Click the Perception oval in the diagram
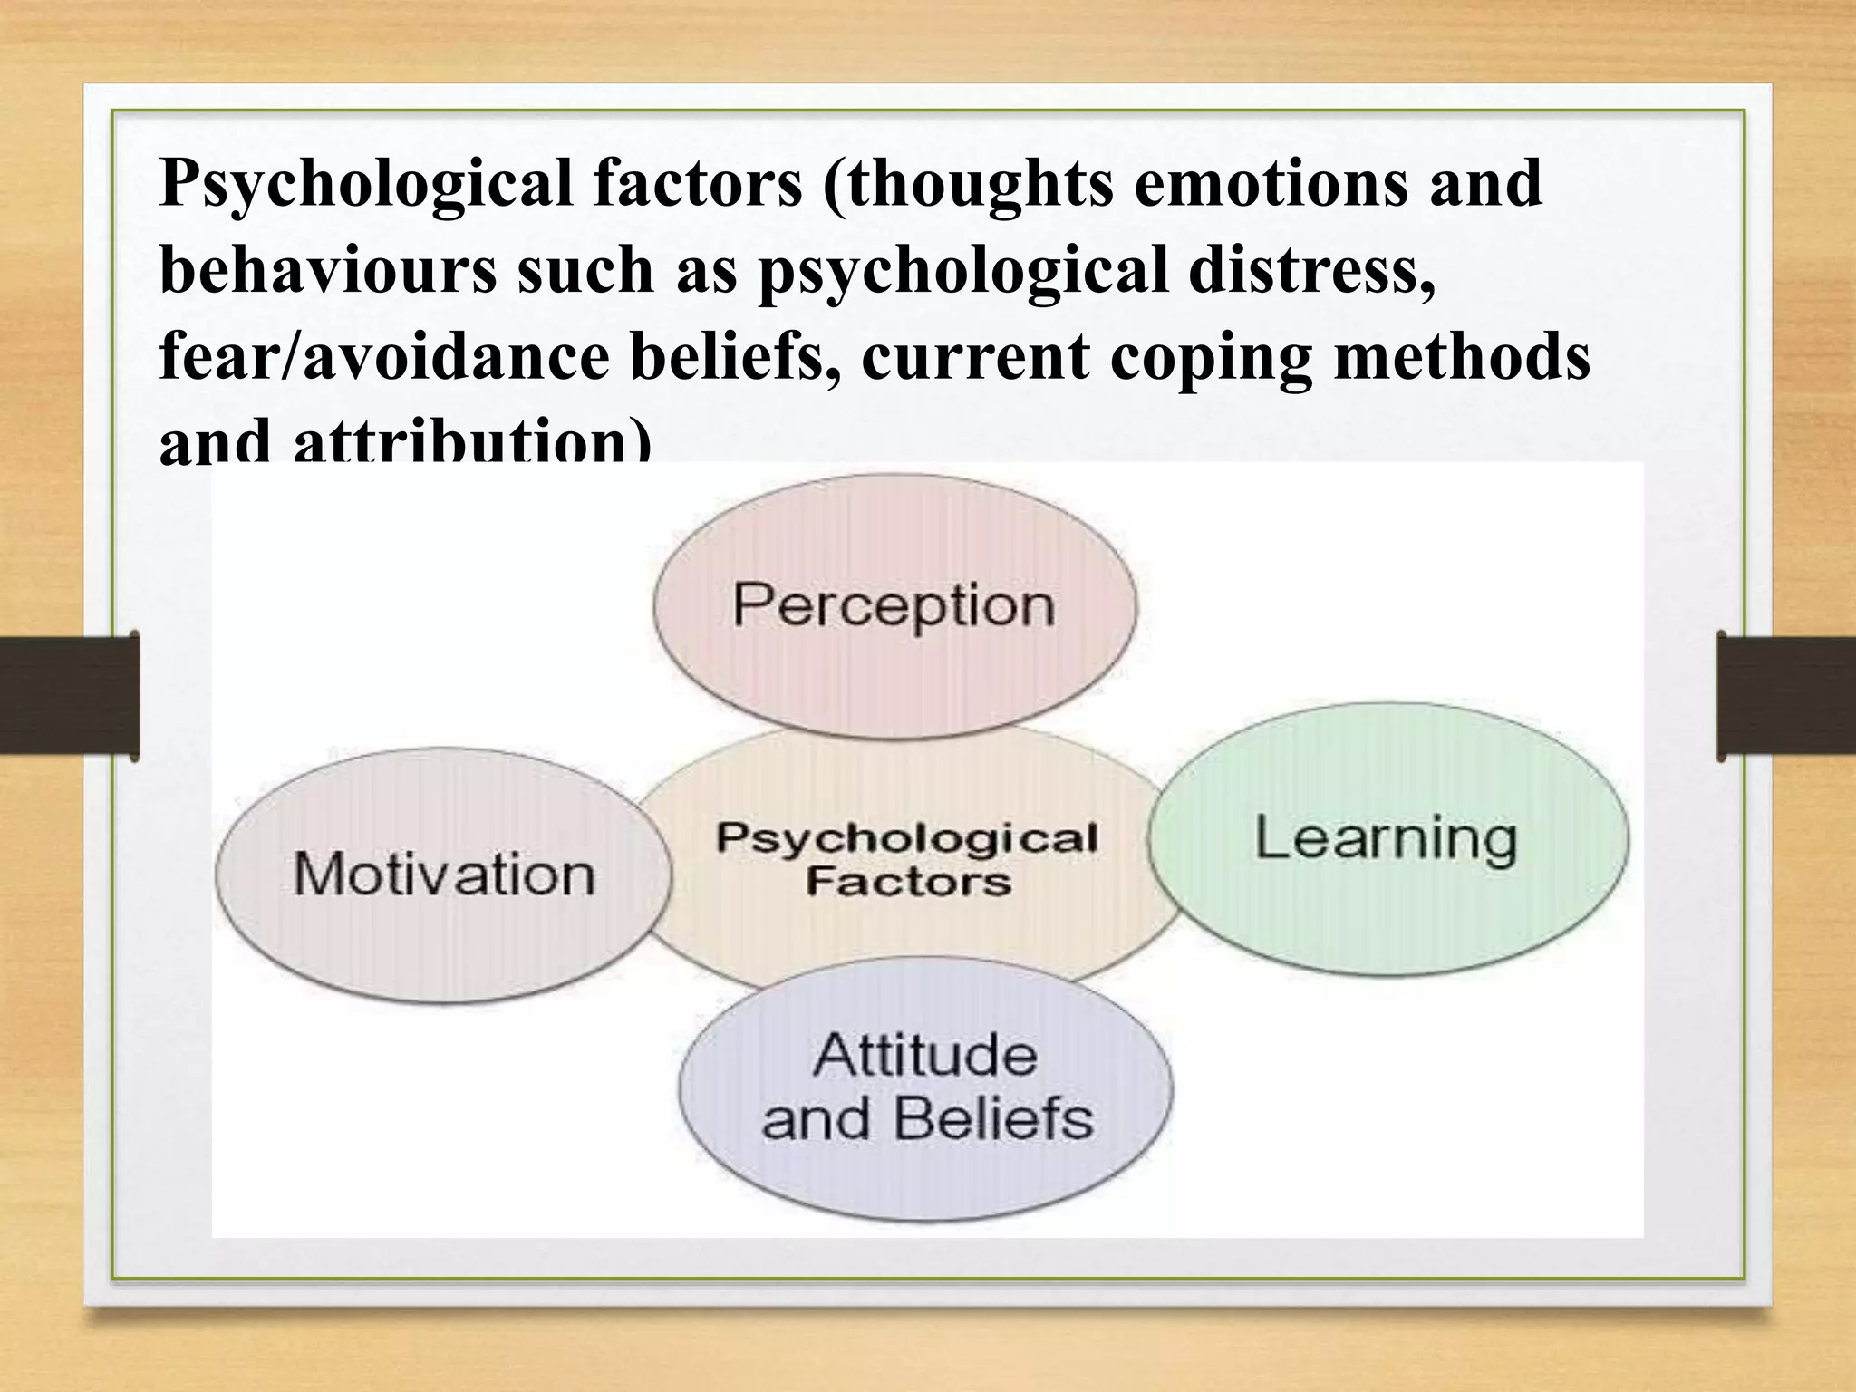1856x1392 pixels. pyautogui.click(x=894, y=605)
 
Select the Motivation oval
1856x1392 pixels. pyautogui.click(x=444, y=875)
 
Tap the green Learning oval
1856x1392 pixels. pyautogui.click(x=1387, y=838)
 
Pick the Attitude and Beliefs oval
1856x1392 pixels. pyautogui.click(x=926, y=1087)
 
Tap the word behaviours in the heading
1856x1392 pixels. pyautogui.click(x=327, y=270)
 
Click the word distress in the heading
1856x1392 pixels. pyautogui.click(x=1311, y=270)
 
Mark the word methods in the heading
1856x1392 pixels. pyautogui.click(x=1462, y=357)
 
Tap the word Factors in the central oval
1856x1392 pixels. pyautogui.click(x=908, y=882)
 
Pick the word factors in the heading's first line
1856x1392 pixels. pyautogui.click(x=698, y=182)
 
